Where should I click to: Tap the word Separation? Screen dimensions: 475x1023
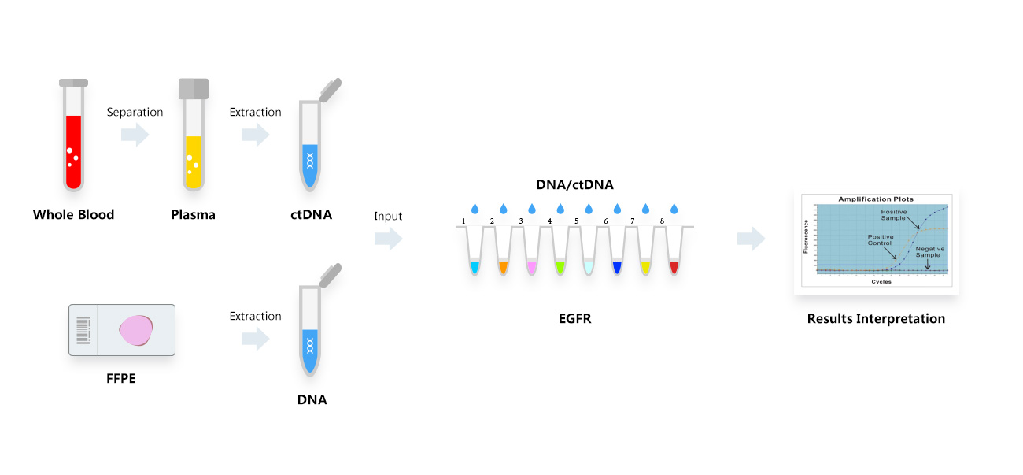coord(135,112)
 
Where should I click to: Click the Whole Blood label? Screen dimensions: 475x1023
coord(73,214)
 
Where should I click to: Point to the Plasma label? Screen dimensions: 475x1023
coord(193,214)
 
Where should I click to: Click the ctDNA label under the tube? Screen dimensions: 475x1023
coord(312,214)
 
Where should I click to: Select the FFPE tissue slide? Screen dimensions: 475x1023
coord(121,329)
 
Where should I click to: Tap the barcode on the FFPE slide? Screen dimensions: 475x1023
coord(83,329)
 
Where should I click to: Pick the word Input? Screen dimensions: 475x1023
coord(388,216)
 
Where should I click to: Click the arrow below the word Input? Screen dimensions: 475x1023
coord(388,239)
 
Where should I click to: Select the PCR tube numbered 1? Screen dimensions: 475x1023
coord(475,252)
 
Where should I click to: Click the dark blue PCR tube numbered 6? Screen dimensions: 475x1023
coord(617,252)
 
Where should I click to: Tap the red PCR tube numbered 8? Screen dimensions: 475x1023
coord(674,252)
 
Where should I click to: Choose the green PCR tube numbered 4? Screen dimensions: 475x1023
coord(560,252)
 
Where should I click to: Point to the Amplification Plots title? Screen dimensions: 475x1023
coord(876,199)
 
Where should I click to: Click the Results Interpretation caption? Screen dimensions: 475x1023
coord(876,319)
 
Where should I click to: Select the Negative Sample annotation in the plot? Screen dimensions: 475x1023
coord(930,252)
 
